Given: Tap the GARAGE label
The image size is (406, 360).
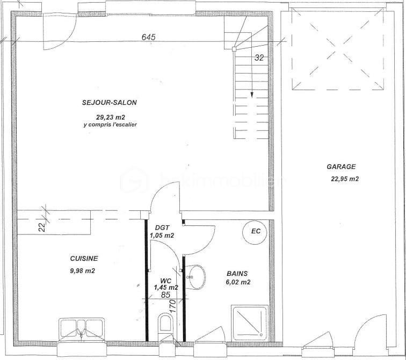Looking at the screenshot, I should coord(341,167).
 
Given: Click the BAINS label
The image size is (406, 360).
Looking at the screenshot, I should coord(237,273).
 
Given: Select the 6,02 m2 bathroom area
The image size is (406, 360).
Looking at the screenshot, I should coord(238,282).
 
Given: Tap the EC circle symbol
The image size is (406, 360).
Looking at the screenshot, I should coord(256,232).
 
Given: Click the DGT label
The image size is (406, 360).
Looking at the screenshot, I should coord(162,227).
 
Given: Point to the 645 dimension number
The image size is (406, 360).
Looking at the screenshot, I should coord(148,37).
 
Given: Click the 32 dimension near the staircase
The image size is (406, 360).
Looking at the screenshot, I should coord(259,58).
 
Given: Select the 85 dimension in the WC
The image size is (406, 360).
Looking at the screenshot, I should coord(166,295).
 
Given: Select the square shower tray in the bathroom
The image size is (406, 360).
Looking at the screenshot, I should coord(250,324).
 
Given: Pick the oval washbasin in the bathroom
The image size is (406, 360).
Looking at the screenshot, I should coord(197,277).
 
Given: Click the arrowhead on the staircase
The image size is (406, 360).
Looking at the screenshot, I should coord(251,96).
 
